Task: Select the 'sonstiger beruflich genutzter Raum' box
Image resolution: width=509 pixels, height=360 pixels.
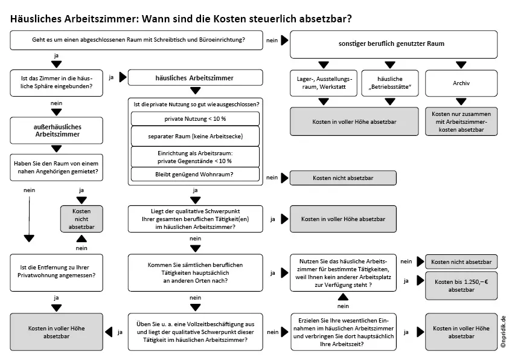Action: coord(394,45)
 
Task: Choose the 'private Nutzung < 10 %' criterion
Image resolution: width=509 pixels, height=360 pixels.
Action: coord(194,118)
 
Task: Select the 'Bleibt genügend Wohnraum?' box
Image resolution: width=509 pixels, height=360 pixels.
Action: coord(194,174)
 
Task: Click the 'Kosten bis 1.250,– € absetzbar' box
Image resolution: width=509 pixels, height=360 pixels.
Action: coord(462,286)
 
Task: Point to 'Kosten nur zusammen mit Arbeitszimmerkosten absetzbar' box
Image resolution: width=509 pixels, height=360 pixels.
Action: coord(462,121)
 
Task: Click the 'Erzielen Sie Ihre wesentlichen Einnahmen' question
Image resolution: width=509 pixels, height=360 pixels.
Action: coord(343,331)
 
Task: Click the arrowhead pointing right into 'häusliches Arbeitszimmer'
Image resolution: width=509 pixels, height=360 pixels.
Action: coord(123,77)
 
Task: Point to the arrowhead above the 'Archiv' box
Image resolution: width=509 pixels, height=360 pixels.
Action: coord(462,64)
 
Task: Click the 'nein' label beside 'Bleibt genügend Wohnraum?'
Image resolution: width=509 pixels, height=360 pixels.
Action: coord(272,178)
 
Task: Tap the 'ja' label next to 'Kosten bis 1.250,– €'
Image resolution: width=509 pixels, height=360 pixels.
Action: coord(406,280)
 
